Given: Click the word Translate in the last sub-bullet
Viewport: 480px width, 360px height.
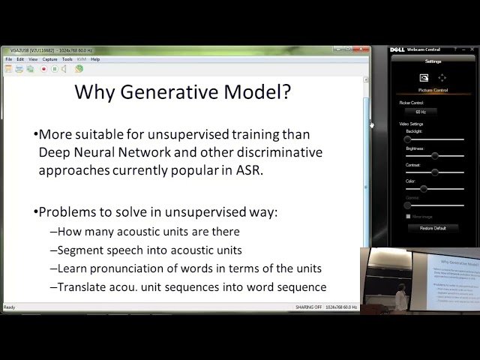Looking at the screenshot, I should coord(84,286).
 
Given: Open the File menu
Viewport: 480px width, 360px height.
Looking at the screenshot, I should coord(9,59).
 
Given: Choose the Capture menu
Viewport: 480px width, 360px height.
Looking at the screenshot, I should coord(49,59).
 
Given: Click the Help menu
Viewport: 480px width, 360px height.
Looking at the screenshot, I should coord(95,59).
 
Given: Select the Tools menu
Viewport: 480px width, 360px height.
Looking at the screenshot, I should coord(67,59).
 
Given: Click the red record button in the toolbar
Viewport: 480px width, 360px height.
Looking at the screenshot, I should coord(44,69).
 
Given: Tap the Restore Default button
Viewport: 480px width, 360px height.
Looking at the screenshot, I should coord(433,228).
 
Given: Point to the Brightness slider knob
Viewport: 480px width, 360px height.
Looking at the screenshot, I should coord(435,156).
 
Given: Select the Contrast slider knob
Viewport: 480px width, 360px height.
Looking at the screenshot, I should coord(435,172).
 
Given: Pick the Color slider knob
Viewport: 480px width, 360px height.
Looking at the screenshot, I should coord(424,189).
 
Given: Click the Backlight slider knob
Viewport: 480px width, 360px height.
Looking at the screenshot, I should coord(408,139).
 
